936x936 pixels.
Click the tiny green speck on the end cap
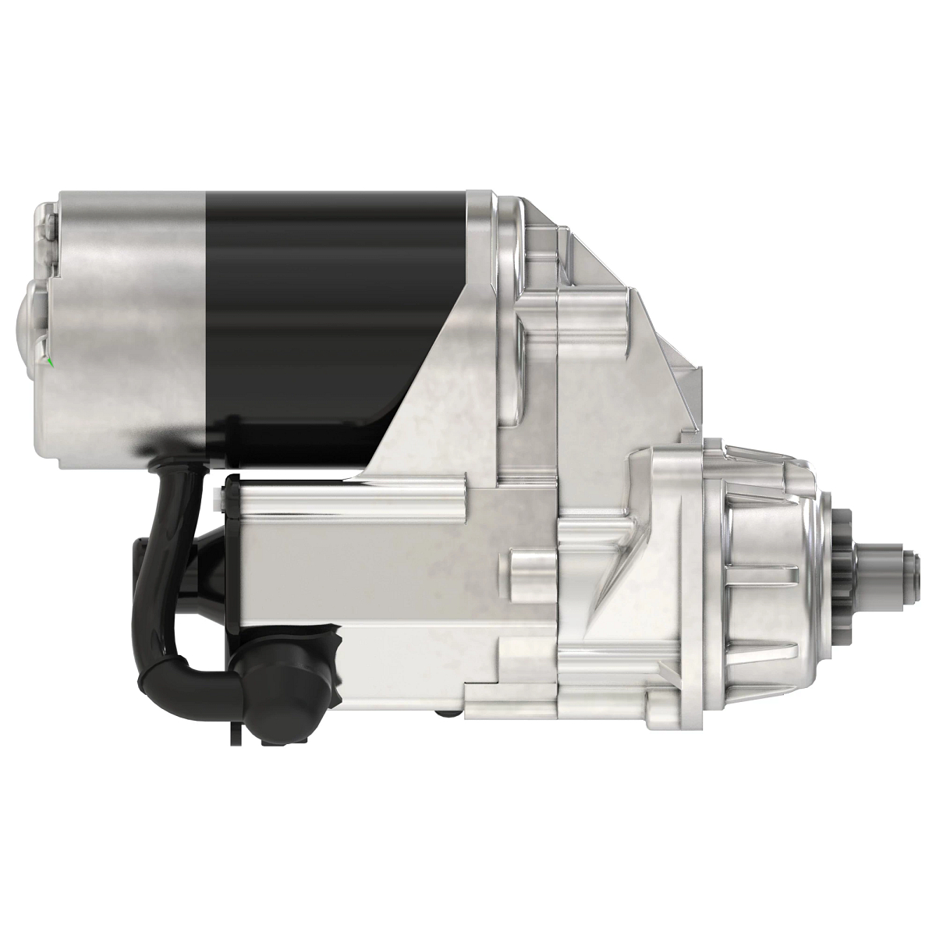pos(51,361)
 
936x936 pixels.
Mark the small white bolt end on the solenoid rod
pos(216,495)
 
